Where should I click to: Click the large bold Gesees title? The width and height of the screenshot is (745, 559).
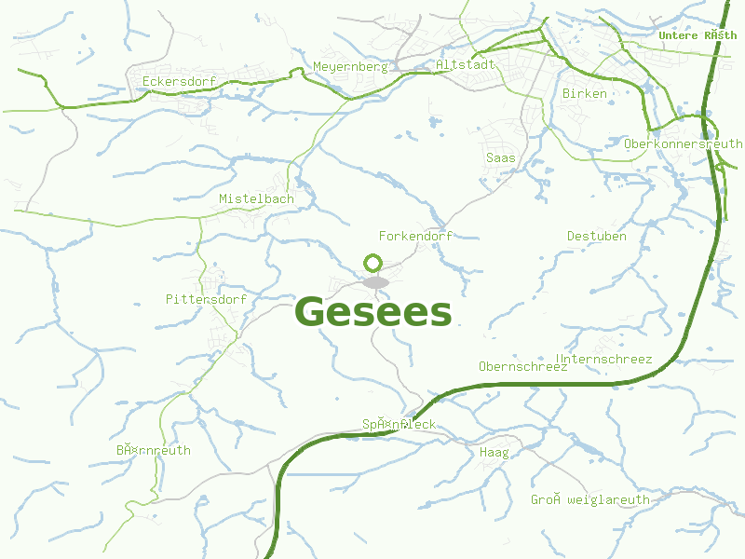(x=373, y=313)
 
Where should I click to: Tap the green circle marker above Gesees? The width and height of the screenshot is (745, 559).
(x=373, y=263)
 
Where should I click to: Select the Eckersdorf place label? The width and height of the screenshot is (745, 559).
(x=179, y=82)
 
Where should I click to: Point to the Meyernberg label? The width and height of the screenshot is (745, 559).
(x=349, y=67)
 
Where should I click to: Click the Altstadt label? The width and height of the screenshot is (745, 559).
(x=466, y=65)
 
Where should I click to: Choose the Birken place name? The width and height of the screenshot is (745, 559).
(x=585, y=93)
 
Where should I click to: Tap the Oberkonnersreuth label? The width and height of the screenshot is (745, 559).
(x=684, y=144)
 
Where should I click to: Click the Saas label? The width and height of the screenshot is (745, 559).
(x=501, y=157)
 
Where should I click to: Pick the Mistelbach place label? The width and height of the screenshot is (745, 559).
(x=256, y=198)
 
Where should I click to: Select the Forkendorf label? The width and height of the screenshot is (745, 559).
(x=415, y=236)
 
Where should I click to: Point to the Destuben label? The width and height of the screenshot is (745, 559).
(x=596, y=236)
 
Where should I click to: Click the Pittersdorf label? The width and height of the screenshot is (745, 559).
(x=206, y=299)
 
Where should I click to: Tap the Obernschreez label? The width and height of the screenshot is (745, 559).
(x=522, y=366)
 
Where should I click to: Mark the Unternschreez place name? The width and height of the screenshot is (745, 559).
(x=603, y=359)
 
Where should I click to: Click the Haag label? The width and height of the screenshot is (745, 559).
(x=494, y=453)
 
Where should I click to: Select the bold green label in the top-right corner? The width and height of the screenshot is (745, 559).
(x=697, y=35)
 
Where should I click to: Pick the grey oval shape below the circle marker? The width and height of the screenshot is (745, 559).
(x=375, y=282)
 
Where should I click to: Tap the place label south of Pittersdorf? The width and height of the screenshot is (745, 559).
(x=154, y=450)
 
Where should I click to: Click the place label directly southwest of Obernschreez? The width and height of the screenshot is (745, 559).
(x=399, y=425)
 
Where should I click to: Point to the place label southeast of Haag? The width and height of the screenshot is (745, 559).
(x=590, y=499)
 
